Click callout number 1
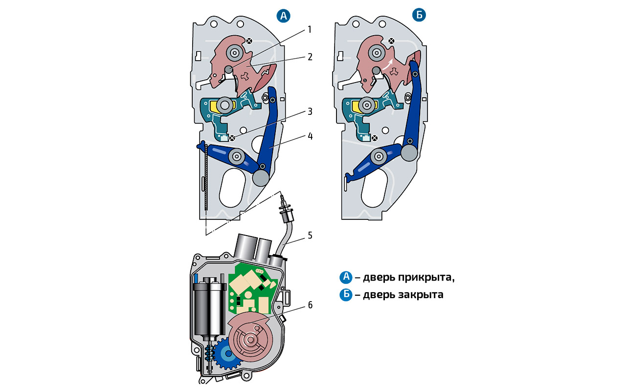(309, 29)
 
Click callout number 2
(309, 56)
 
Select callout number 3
(309, 111)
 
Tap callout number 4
(309, 136)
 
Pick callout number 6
(309, 305)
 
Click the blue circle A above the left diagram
(283, 16)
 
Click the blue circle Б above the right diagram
(419, 16)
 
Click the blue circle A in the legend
(346, 278)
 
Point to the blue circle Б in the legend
(346, 295)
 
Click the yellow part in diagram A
(215, 105)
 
